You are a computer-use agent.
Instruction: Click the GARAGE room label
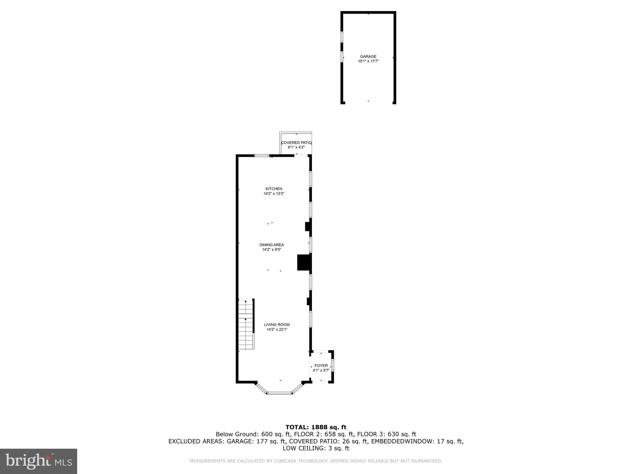368,56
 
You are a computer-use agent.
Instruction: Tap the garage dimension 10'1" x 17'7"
368,61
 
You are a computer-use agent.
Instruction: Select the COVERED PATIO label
296,143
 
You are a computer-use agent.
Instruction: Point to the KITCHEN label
274,189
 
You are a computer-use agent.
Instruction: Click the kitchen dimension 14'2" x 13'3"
274,194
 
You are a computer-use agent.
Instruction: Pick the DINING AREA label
272,245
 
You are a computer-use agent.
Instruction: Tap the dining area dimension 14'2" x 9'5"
272,250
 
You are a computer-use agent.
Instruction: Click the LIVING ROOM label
277,325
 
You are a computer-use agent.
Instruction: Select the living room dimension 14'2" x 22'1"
277,330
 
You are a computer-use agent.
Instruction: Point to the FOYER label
321,366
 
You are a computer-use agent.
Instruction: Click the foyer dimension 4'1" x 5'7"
321,370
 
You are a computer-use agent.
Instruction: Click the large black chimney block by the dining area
304,262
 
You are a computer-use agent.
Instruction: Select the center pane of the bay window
280,393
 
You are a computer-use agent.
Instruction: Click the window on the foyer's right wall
332,366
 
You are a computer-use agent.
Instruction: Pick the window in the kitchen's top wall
261,156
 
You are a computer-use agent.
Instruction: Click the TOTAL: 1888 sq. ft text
316,427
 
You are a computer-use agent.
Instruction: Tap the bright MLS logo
39,461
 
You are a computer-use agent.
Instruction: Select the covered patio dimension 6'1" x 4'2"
296,148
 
